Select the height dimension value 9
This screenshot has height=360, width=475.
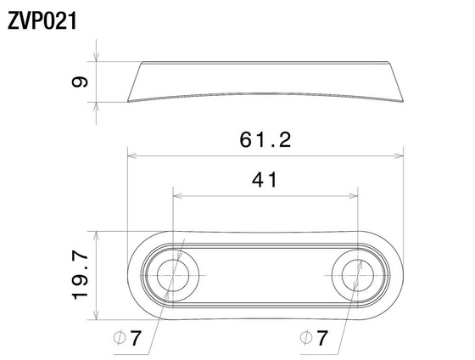click(81, 82)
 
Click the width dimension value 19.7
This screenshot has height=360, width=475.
click(80, 274)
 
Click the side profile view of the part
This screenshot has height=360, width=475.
click(265, 82)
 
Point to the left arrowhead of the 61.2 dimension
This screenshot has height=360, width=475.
click(131, 155)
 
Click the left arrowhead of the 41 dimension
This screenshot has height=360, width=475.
click(176, 194)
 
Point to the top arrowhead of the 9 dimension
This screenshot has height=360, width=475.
click(98, 65)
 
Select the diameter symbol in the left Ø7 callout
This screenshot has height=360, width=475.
click(120, 338)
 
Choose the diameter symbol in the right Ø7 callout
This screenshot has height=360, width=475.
click(306, 338)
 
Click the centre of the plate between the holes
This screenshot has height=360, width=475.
click(265, 273)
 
